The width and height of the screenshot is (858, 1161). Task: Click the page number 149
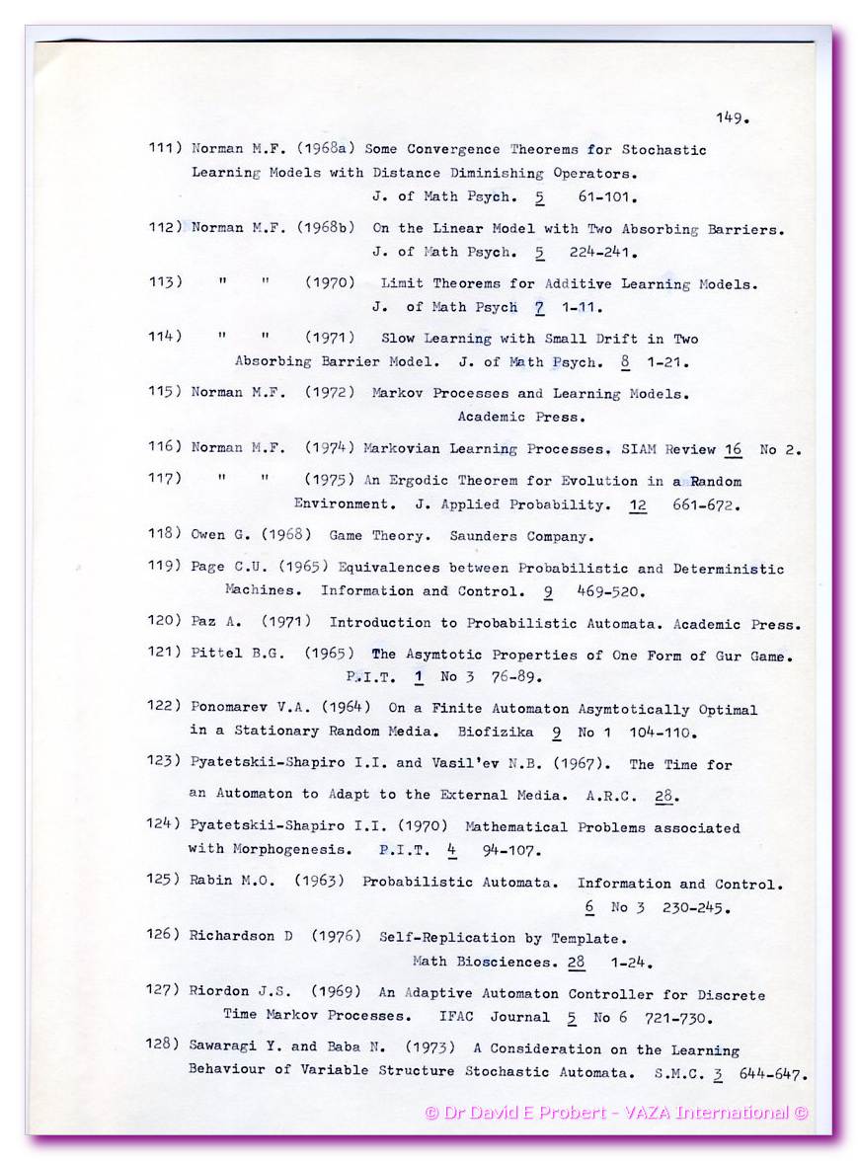732,118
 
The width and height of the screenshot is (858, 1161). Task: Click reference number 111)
165,149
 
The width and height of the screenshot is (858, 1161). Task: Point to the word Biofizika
495,733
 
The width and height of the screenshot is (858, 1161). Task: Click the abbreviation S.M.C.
677,1072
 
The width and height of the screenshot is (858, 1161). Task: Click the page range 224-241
604,252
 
